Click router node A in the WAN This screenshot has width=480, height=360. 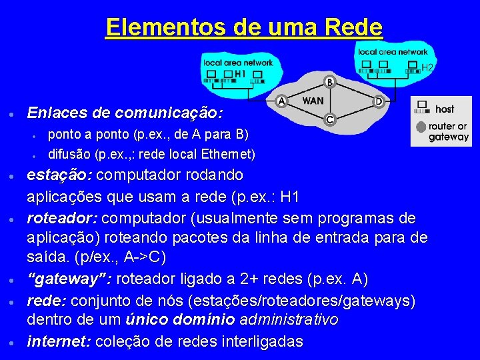click(x=281, y=101)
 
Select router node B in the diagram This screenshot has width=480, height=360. click(x=329, y=82)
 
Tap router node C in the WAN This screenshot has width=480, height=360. click(x=329, y=119)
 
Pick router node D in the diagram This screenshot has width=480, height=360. click(x=379, y=101)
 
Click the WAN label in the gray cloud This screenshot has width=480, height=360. click(x=313, y=101)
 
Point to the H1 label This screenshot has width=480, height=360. click(x=241, y=73)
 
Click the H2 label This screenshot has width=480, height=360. click(x=427, y=67)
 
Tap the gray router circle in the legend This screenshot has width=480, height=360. click(x=421, y=127)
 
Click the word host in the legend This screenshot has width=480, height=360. click(x=445, y=109)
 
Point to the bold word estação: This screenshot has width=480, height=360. click(x=61, y=175)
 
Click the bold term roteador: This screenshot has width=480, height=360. click(x=63, y=219)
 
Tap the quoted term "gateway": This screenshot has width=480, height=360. click(x=65, y=279)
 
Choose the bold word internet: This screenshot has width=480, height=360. click(x=59, y=342)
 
